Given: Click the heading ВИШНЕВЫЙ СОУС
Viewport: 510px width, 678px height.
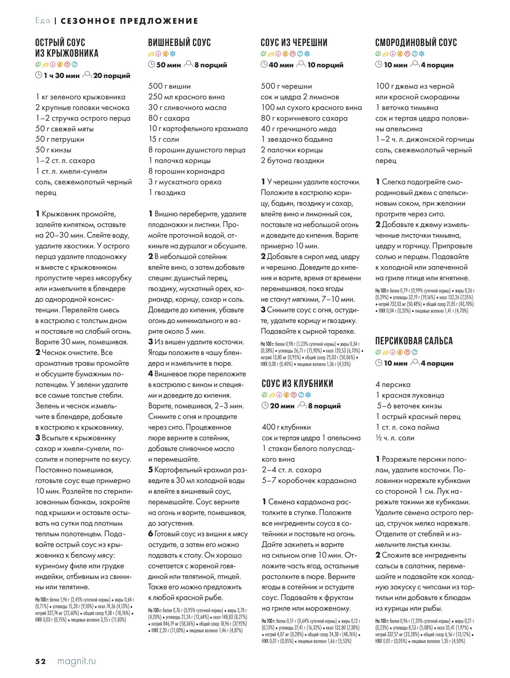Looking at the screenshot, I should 180,43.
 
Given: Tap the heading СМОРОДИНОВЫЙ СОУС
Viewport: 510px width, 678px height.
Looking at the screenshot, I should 416,43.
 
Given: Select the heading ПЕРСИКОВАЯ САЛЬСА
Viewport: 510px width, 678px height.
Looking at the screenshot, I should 414,341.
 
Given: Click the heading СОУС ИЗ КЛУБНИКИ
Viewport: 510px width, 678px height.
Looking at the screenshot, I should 297,383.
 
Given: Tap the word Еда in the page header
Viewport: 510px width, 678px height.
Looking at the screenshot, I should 43,20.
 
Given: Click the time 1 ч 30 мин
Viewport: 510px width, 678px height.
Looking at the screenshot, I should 61,75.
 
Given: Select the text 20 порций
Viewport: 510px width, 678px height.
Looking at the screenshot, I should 111,75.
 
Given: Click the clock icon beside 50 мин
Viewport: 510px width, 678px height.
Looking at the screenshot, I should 152,64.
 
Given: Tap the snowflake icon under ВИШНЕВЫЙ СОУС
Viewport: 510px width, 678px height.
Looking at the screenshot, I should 173,54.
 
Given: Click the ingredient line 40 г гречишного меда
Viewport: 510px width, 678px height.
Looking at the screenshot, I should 298,129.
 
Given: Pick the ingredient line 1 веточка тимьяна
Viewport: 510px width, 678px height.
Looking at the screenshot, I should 407,108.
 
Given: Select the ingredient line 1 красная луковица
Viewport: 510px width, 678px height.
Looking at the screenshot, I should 410,395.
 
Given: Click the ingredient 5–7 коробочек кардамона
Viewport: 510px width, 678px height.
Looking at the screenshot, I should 309,480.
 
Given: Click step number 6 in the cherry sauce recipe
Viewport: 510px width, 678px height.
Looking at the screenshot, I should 151,534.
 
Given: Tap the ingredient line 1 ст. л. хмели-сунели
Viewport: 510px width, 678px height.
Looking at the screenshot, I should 71,171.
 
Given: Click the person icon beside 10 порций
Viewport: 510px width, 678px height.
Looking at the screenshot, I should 301,64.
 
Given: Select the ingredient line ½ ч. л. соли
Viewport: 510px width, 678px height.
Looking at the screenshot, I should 395,438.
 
